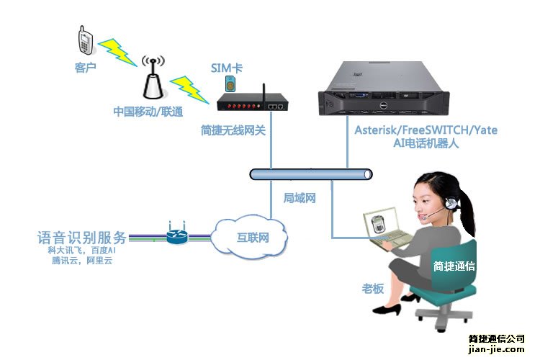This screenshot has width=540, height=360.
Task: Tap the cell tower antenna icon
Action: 152,78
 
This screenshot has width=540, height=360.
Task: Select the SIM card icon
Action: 230,83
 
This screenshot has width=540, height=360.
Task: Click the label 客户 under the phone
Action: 85,68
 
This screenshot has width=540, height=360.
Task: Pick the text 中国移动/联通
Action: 148,112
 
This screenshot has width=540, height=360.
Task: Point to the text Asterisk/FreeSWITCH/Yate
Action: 426,130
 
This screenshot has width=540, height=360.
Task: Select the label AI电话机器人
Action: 426,143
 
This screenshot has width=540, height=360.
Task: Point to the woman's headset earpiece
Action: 451,203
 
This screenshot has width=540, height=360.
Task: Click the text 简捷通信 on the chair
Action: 454,265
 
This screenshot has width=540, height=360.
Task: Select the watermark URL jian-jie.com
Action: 497,349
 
